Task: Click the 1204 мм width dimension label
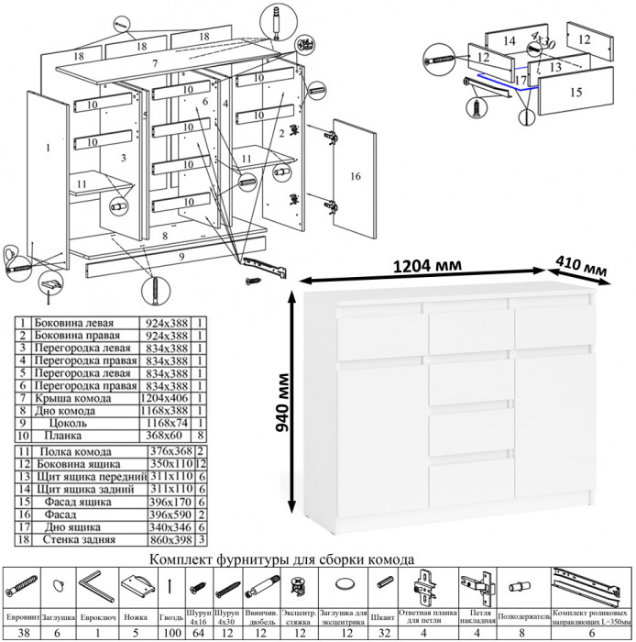click(426, 265)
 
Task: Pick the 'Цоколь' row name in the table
click(72, 426)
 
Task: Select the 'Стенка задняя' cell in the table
click(75, 541)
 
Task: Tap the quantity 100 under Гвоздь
click(170, 633)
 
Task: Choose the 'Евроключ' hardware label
click(96, 615)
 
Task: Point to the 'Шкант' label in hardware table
click(382, 615)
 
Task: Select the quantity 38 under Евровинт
click(20, 633)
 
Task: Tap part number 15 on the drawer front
click(576, 92)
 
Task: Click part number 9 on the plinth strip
click(181, 258)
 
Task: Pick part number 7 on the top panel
click(156, 61)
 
